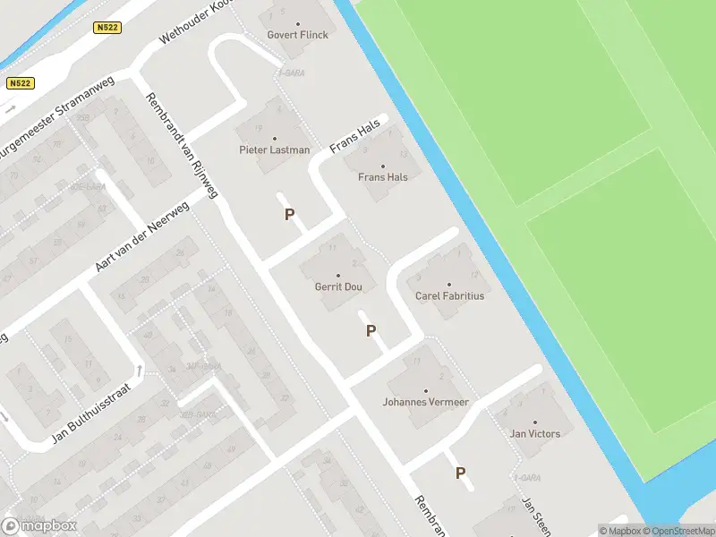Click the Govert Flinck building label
point(298,35)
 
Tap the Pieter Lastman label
point(274,150)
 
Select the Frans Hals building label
point(383,177)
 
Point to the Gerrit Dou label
point(338,287)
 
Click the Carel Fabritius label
point(449,295)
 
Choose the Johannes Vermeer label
point(426,402)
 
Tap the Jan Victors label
point(535,434)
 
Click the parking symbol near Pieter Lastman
point(289,215)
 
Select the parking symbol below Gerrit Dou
point(371,331)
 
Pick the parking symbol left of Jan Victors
point(461,473)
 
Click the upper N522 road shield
point(107,29)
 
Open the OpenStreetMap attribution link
point(678,531)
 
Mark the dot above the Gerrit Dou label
point(338,276)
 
